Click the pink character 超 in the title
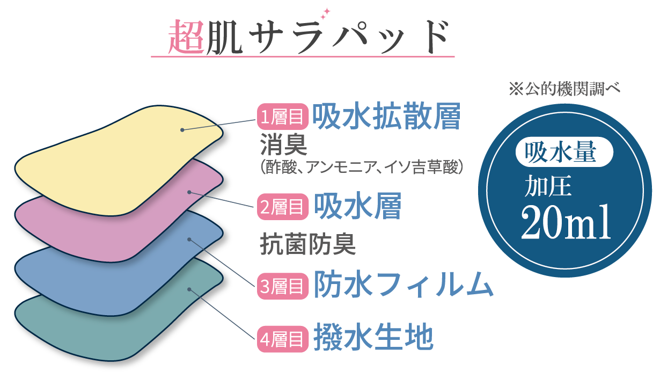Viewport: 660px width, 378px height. (186, 38)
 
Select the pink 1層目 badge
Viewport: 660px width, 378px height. (283, 116)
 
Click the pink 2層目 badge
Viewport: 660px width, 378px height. (283, 207)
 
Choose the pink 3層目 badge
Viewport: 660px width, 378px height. (283, 285)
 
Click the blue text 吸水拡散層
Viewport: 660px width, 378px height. (386, 116)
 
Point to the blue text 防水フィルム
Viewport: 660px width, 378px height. (403, 285)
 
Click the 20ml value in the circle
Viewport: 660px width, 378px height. (566, 221)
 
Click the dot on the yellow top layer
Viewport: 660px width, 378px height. (182, 130)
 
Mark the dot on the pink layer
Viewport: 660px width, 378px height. (189, 192)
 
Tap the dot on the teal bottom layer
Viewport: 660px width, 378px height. (189, 289)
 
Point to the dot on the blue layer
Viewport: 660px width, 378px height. (189, 239)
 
